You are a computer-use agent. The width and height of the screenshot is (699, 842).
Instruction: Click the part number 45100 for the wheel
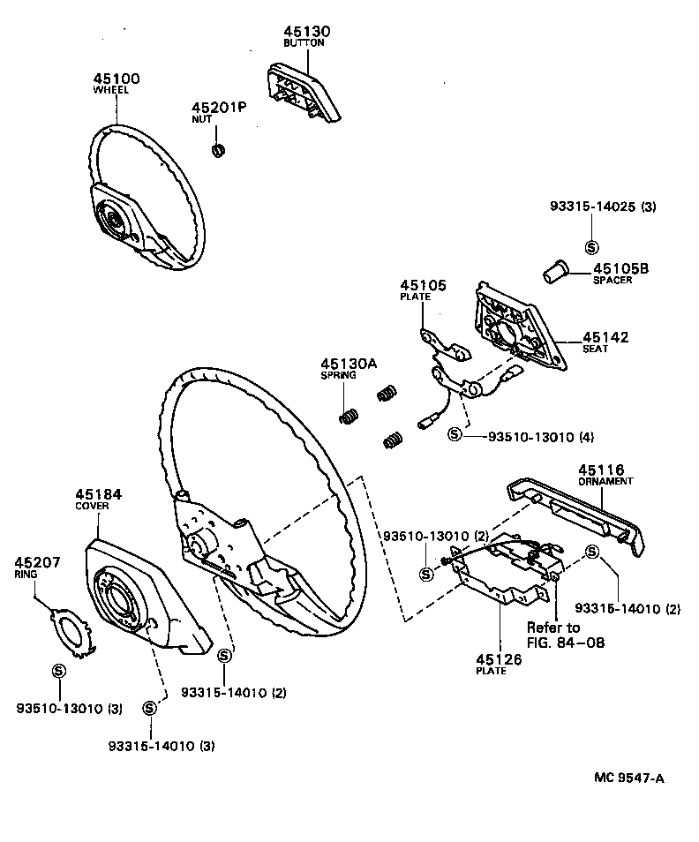pos(116,79)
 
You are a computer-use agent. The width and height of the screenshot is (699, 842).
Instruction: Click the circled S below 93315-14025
pos(591,246)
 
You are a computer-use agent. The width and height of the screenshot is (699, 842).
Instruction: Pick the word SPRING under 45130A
pos(337,375)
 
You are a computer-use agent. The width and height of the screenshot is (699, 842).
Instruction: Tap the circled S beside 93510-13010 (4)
pos(455,434)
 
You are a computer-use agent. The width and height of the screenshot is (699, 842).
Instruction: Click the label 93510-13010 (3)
pos(70,709)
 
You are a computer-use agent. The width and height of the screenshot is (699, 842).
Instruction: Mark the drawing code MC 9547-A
pos(628,778)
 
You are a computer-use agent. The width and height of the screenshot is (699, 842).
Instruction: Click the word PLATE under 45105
pos(415,297)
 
